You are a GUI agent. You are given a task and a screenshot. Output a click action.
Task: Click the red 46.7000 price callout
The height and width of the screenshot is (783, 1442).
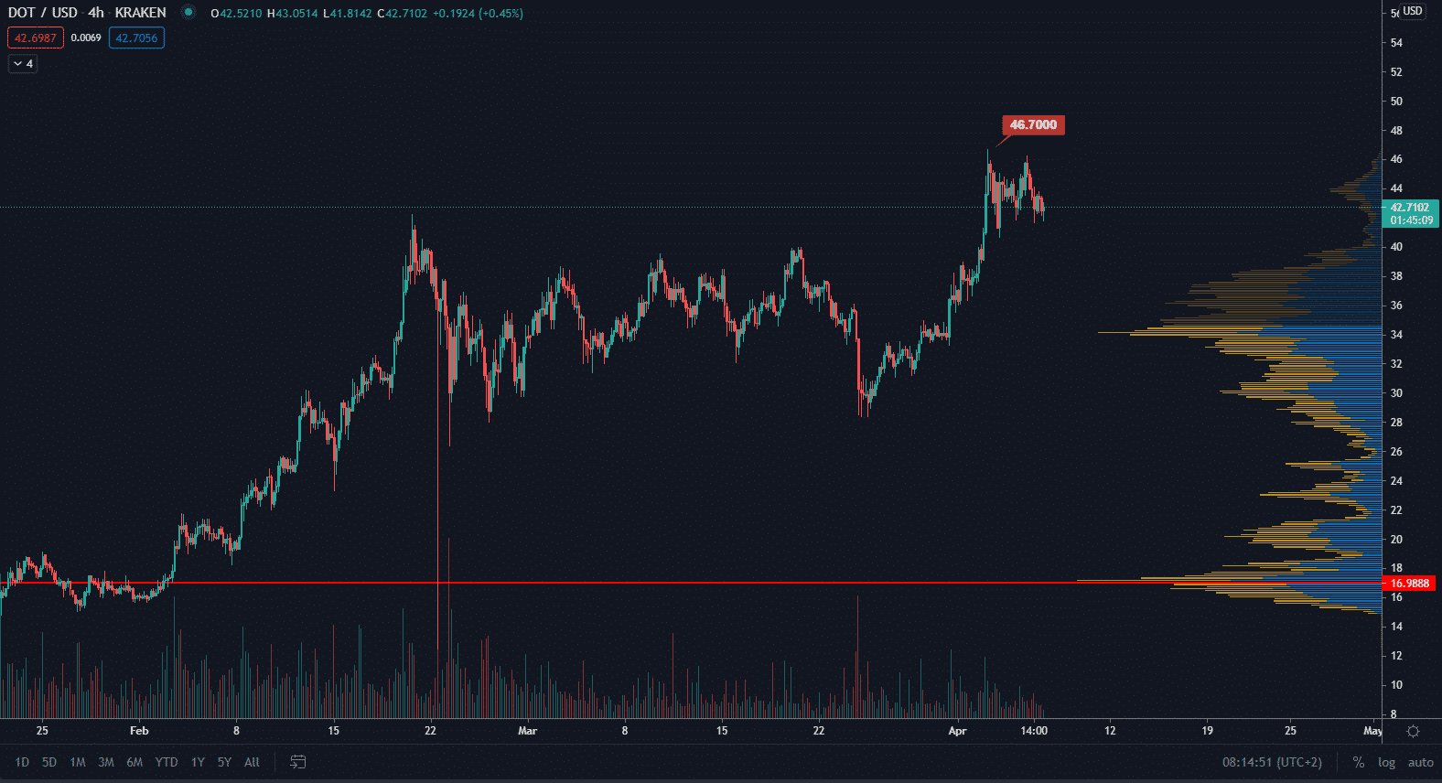[1033, 125]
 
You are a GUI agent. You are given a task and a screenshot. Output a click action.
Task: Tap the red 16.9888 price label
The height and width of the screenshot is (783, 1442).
[1409, 584]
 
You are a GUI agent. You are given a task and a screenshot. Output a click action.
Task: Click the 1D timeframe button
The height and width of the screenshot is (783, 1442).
[22, 762]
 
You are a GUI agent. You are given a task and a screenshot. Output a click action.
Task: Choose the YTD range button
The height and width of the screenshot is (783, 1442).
[166, 762]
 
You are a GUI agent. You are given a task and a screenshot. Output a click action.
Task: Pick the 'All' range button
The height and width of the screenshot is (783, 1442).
[252, 762]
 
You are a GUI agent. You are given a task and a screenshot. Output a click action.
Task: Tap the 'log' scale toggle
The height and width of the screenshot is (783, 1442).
[1386, 762]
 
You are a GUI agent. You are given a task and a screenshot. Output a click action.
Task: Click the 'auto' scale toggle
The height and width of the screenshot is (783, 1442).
[1420, 762]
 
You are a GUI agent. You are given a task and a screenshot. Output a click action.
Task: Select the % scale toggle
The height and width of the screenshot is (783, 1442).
[1359, 762]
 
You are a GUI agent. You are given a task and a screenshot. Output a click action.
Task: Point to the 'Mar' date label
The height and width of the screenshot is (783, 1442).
[527, 731]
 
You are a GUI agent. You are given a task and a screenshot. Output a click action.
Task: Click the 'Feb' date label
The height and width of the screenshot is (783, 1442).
[139, 731]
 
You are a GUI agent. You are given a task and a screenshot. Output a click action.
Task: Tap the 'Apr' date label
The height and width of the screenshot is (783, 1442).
[957, 731]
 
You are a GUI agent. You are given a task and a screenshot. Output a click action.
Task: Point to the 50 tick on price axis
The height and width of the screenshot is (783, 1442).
[1396, 102]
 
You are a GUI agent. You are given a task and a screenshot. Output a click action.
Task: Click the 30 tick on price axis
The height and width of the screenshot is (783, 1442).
[1396, 393]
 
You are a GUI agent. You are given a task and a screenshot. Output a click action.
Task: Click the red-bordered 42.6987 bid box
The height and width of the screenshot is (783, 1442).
[36, 38]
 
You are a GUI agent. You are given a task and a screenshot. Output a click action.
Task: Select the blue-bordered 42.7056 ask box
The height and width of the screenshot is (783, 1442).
[136, 38]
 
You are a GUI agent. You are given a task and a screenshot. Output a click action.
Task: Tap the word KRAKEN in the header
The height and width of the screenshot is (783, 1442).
[140, 13]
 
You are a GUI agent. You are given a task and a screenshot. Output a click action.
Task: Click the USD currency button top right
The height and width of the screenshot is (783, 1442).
[1413, 11]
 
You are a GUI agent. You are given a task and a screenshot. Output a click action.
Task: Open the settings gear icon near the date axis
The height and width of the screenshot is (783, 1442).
[1413, 731]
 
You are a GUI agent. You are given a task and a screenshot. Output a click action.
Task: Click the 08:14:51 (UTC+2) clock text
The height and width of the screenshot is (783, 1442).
[1272, 762]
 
